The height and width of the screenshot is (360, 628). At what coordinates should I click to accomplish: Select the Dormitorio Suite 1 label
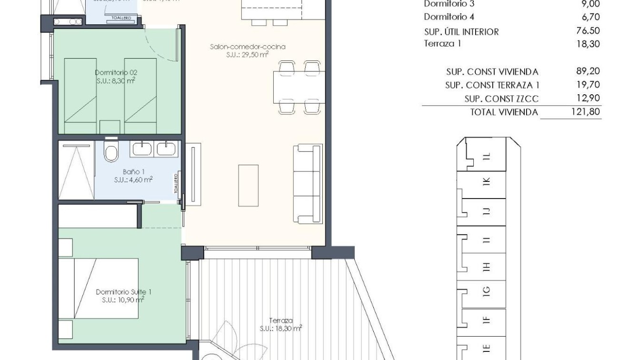[x=123, y=292]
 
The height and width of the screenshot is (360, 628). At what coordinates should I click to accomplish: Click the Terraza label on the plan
[x=280, y=321]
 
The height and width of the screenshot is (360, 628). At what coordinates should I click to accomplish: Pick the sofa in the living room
[x=307, y=184]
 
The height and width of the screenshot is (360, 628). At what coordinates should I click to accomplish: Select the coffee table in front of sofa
[x=248, y=185]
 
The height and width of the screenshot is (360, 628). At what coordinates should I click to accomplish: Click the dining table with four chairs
[x=299, y=87]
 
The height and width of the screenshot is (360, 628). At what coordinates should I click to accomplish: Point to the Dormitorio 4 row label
[x=449, y=17]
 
